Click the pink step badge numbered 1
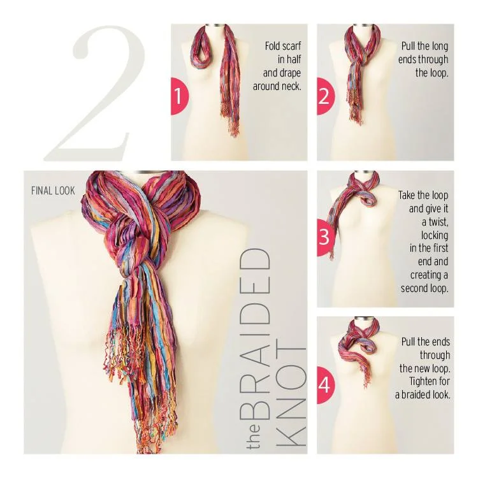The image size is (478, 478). [178, 96]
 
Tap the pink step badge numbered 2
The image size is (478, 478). [324, 96]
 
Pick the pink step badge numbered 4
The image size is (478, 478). [324, 384]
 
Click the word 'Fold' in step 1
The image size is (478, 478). [273, 47]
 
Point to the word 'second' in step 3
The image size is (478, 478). [415, 288]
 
